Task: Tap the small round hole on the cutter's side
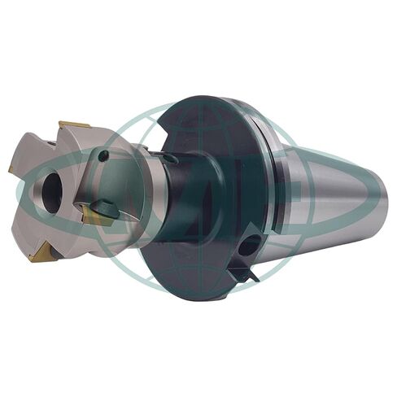[103, 155]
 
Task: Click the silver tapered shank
[325, 195]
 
